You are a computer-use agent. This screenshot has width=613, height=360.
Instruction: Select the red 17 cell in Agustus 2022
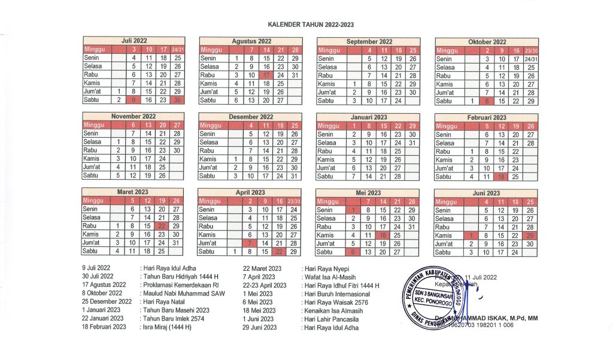(x=266, y=75)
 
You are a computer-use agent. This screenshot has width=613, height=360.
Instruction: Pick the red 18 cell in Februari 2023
(x=502, y=176)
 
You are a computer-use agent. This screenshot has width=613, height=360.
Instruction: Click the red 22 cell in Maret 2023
(x=162, y=226)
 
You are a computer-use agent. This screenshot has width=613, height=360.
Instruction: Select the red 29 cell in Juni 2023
(x=531, y=235)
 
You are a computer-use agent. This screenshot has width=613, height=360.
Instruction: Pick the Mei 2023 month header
(x=368, y=193)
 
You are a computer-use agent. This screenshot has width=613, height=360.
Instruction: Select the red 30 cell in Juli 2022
(x=177, y=101)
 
